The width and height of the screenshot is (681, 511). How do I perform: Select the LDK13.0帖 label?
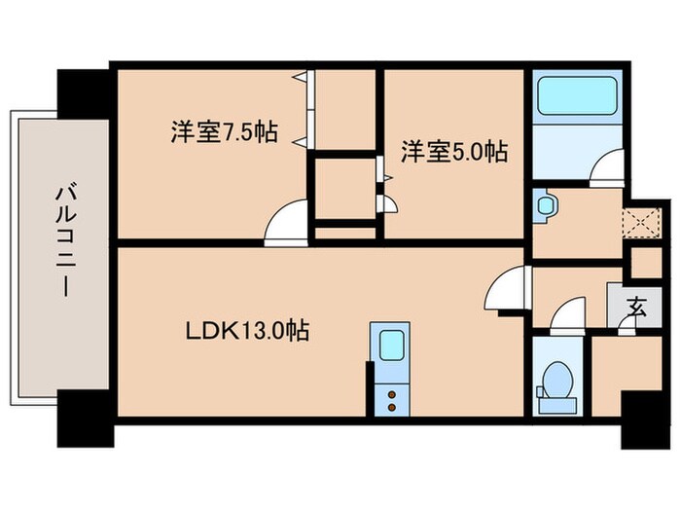click(248, 331)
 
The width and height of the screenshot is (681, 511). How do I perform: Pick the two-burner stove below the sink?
click(392, 399)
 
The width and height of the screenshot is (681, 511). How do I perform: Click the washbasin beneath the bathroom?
click(545, 206)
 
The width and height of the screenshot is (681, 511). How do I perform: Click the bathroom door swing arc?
click(606, 167)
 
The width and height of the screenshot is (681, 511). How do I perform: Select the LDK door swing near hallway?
click(508, 290)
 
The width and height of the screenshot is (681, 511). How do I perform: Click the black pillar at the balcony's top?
click(85, 91)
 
